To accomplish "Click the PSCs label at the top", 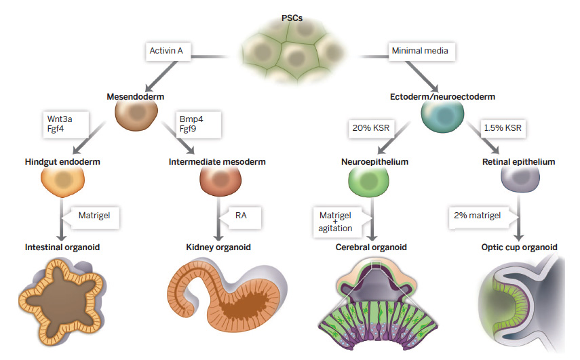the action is coord(292,18).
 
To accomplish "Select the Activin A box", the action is coord(168,51).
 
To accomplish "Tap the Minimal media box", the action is coord(421,51).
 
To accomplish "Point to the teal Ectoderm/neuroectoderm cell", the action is coord(442,116).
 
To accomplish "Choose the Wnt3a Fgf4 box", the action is coord(66,125).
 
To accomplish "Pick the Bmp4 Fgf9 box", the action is coord(198,125).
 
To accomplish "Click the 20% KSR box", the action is coord(371,128).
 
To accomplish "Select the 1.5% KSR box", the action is coord(503,128).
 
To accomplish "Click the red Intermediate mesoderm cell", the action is coord(220,180).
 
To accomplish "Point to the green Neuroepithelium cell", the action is coord(369,181).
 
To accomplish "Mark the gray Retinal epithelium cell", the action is coord(520,179).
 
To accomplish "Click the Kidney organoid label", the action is coord(218,247).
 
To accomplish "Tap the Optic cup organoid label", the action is coord(520,247).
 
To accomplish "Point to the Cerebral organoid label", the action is coord(371,247).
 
